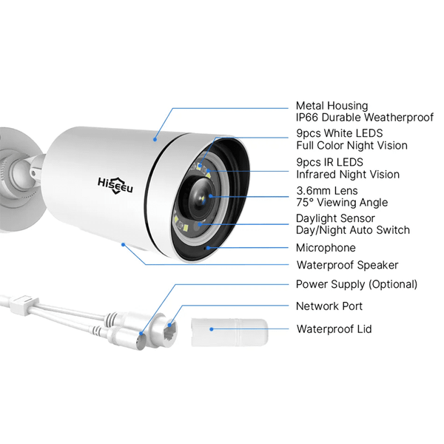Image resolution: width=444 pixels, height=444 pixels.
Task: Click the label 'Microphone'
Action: point(326,248)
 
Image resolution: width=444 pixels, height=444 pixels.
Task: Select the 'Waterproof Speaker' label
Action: point(348,265)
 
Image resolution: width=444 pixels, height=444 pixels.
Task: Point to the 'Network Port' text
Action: point(329,306)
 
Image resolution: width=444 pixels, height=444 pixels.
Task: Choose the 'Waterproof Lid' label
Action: point(334,329)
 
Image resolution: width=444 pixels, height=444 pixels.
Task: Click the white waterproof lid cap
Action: point(229,332)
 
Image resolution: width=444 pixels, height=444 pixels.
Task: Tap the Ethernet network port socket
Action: point(170,331)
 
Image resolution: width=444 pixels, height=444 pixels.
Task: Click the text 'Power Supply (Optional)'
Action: point(357,284)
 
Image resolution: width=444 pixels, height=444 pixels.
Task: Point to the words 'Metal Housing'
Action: point(332,106)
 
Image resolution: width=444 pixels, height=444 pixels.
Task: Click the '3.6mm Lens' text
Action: point(327,191)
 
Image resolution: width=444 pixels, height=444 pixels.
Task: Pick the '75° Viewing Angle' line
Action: point(342,203)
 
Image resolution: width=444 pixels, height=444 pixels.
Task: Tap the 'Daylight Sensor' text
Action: point(335,218)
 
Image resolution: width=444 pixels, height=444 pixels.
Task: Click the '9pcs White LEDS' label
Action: point(340,133)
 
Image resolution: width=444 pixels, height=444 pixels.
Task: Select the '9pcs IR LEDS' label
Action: point(329,162)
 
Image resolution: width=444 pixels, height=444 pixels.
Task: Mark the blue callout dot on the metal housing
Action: point(155,139)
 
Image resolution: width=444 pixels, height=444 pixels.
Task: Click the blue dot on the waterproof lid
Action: point(211,329)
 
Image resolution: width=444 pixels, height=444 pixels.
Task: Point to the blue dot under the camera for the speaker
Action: point(123,244)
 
